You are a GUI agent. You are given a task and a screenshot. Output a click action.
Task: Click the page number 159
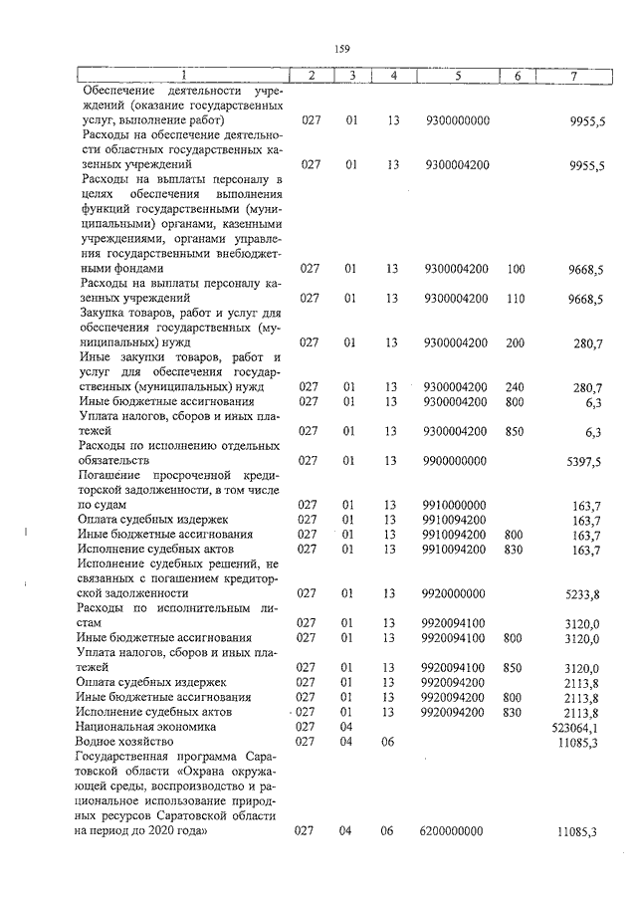[340, 47]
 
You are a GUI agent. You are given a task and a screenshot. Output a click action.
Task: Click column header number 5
[458, 75]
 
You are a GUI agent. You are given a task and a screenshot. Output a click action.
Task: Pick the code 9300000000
[457, 120]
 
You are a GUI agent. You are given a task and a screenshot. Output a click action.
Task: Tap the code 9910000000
[455, 505]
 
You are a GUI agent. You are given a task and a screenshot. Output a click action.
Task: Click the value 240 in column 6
[516, 386]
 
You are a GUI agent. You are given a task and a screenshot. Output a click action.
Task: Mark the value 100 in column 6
[516, 269]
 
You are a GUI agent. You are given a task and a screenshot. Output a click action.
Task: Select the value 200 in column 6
[516, 342]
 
